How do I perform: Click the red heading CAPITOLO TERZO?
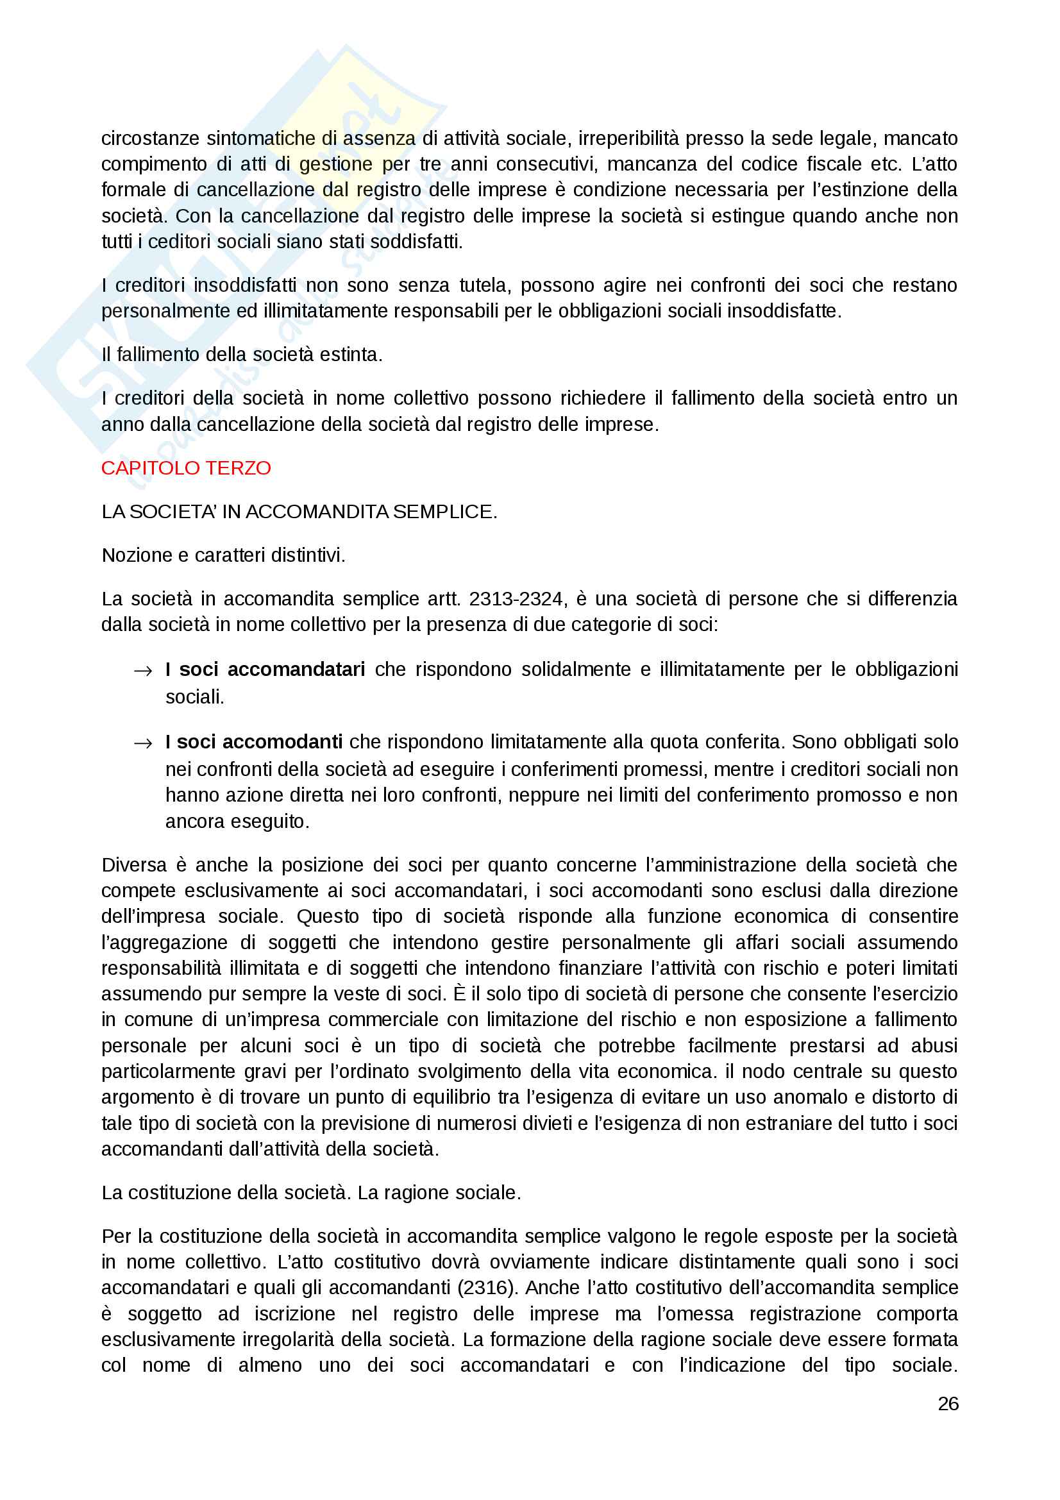(185, 468)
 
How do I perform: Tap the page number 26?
(948, 1403)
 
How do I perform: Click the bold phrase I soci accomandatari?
(265, 669)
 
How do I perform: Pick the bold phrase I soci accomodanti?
(254, 741)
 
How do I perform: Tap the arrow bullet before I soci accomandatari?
(142, 670)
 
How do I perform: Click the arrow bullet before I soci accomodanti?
(142, 743)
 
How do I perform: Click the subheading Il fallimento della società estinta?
(242, 354)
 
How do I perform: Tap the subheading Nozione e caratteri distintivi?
(223, 555)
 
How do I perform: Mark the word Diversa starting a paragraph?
(134, 864)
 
